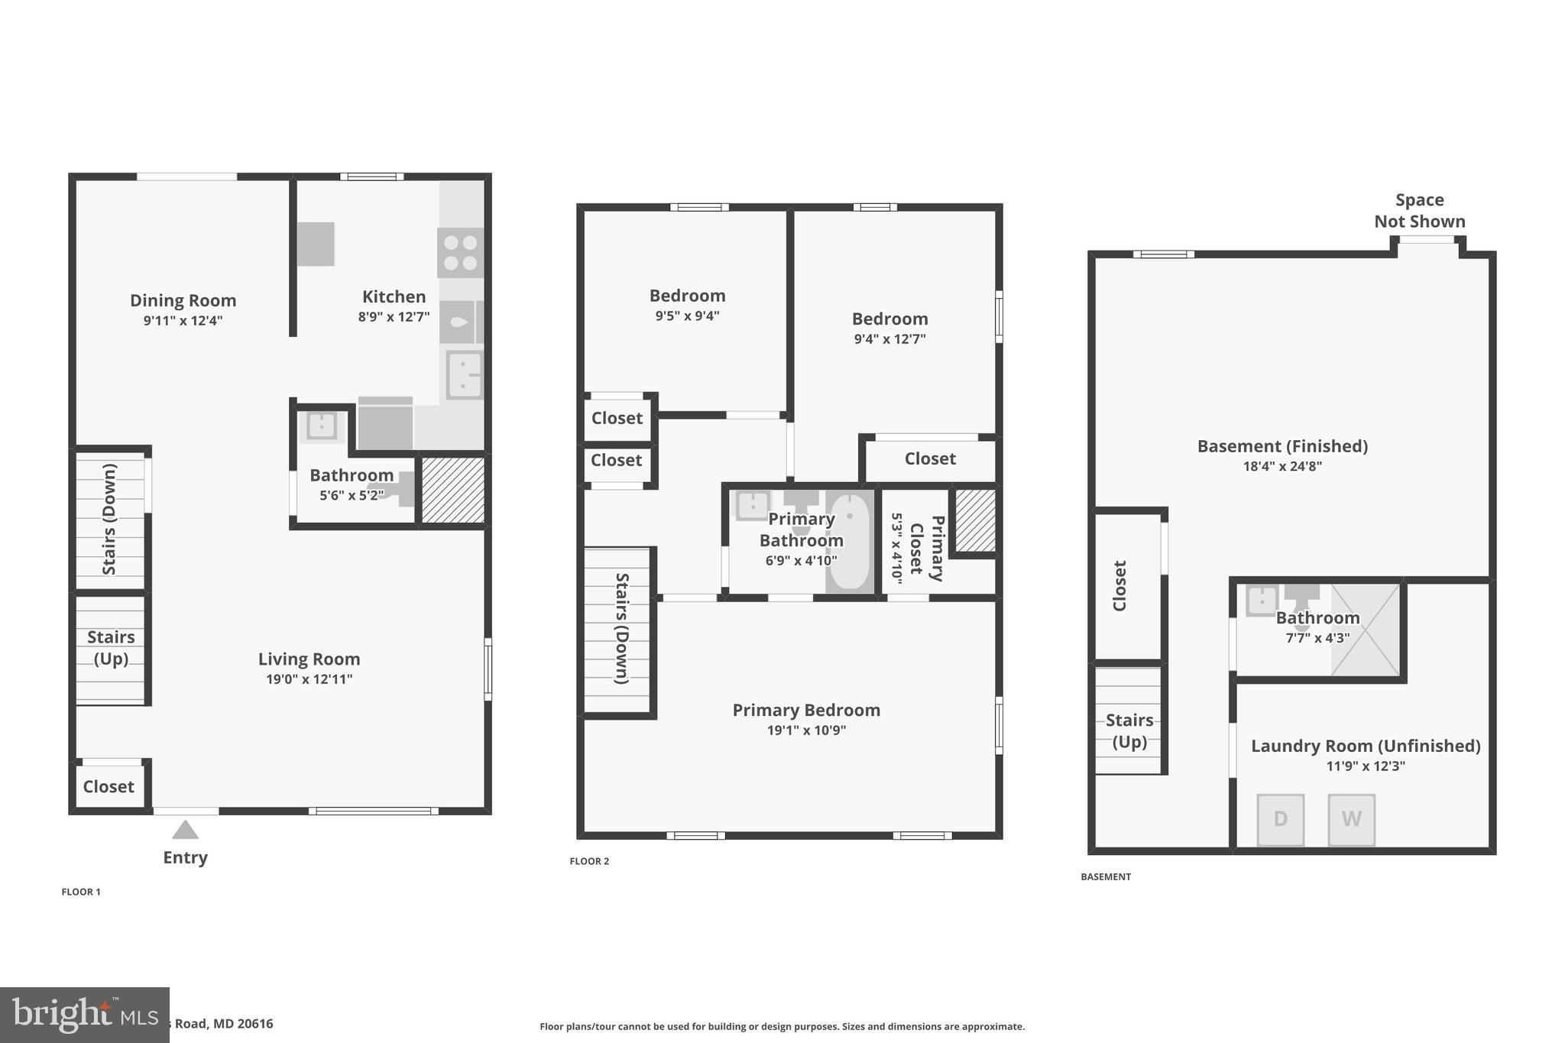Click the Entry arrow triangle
pyautogui.click(x=185, y=830)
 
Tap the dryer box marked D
pyautogui.click(x=1281, y=819)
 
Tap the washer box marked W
pyautogui.click(x=1351, y=819)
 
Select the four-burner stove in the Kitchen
pyautogui.click(x=460, y=253)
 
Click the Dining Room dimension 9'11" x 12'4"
pyautogui.click(x=183, y=321)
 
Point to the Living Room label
pyautogui.click(x=309, y=659)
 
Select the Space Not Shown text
pyautogui.click(x=1419, y=211)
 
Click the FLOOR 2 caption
pyautogui.click(x=589, y=861)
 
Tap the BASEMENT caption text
pyautogui.click(x=1105, y=876)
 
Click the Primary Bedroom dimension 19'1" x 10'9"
pyautogui.click(x=806, y=730)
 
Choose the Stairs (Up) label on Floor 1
pyautogui.click(x=111, y=647)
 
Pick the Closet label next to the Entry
pyautogui.click(x=109, y=786)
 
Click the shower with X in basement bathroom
pyautogui.click(x=1366, y=630)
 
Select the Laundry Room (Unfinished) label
pyautogui.click(x=1365, y=746)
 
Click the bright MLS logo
pyautogui.click(x=84, y=1015)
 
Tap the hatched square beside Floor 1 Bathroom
pyautogui.click(x=452, y=490)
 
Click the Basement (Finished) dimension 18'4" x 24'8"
pyautogui.click(x=1281, y=466)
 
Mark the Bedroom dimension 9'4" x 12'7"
pyautogui.click(x=889, y=339)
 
